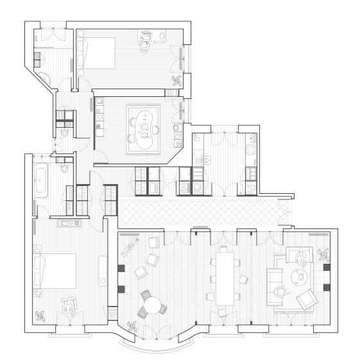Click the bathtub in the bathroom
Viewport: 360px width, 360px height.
[42, 180]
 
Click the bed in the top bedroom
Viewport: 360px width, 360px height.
[96, 52]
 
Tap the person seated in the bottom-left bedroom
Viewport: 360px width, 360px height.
[68, 305]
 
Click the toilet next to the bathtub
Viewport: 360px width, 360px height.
[63, 169]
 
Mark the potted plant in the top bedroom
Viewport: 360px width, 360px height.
[176, 80]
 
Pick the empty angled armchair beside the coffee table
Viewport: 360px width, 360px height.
[308, 299]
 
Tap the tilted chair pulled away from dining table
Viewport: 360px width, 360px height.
[242, 279]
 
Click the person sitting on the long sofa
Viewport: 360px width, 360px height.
[280, 292]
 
